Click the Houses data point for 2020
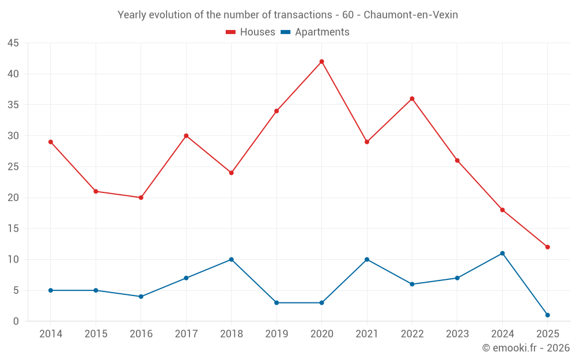point(321,62)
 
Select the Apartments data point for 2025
point(547,315)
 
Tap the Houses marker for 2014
point(51,142)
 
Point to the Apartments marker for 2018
point(232,259)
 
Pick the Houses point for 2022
point(412,98)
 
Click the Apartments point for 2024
point(502,253)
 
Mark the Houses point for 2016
point(141,198)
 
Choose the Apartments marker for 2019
point(276,302)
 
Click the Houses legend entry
point(251,32)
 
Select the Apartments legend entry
point(315,32)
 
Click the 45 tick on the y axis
point(13,43)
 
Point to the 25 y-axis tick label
point(13,167)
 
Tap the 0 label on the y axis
point(16,321)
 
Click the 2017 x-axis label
point(186,334)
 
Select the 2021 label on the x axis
point(367,334)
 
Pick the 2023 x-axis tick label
point(457,334)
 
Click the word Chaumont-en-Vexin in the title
point(411,15)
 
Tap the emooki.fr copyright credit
point(525,348)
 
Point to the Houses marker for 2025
point(547,247)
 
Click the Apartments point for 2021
point(367,259)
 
